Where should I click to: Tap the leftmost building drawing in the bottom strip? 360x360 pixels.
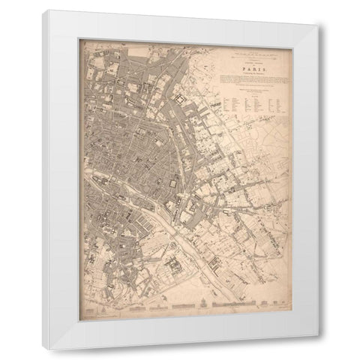[x=93, y=308]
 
